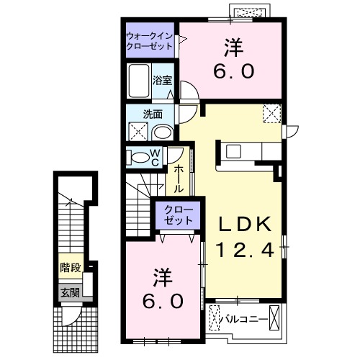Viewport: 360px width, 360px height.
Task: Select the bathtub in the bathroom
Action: click(138, 81)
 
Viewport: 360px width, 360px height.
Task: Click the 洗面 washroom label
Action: click(152, 113)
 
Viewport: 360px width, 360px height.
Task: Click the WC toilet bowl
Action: click(138, 158)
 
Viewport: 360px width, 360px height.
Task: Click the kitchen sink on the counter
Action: click(235, 152)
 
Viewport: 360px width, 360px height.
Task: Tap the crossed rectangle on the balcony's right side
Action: click(274, 317)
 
